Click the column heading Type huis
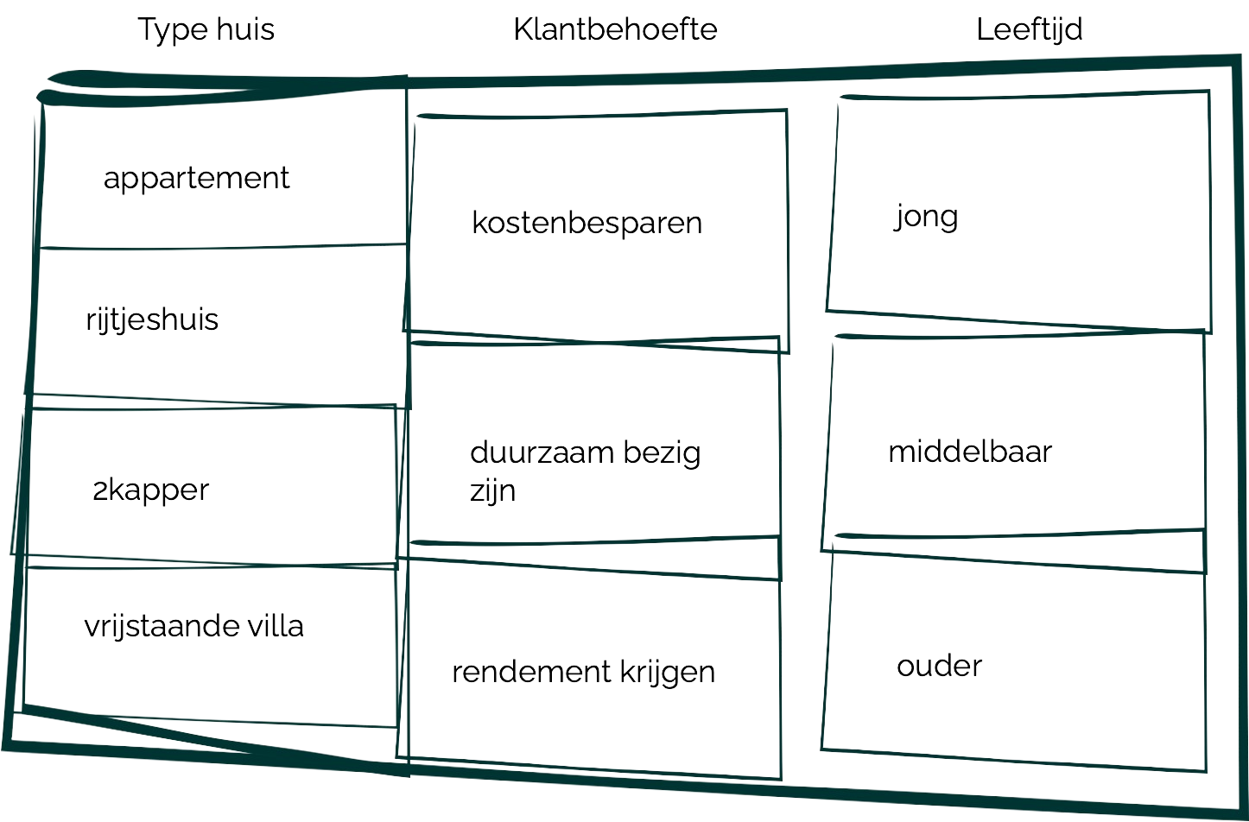[206, 30]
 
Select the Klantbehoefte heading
[616, 30]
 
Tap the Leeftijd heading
[1030, 30]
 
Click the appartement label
[197, 179]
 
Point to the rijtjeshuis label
[152, 320]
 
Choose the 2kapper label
[151, 490]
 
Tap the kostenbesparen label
[587, 223]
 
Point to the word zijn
[492, 491]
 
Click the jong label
[926, 217]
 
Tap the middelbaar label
[970, 452]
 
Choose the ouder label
[940, 666]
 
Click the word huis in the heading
[245, 30]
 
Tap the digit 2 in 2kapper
[99, 490]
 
